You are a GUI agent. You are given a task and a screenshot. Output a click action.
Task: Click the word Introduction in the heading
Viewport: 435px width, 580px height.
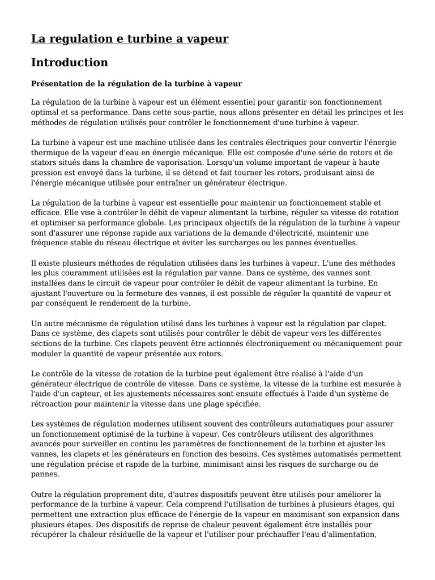(69, 62)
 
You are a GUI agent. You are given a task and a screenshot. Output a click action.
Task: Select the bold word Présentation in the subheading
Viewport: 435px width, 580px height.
(57, 84)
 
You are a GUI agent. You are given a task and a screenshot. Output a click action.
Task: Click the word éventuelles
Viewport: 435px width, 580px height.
(330, 242)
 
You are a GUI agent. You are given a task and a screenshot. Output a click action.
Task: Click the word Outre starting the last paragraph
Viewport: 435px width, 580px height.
(42, 494)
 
